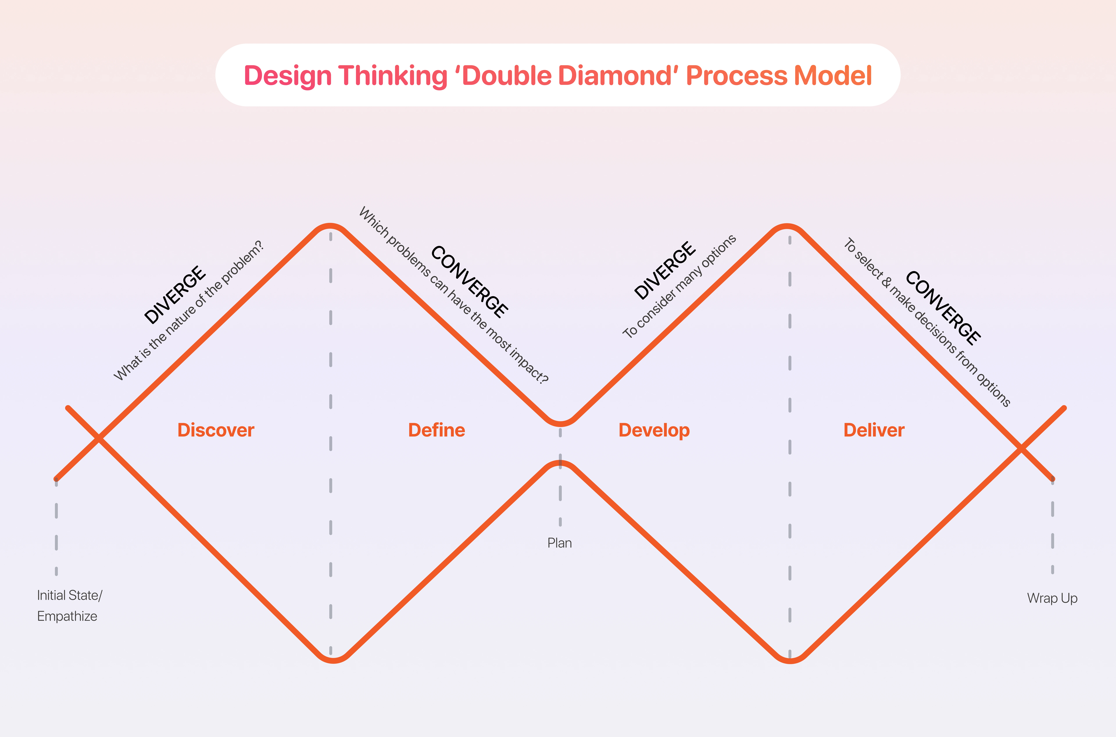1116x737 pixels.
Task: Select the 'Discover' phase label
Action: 216,430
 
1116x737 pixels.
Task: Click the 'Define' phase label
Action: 437,430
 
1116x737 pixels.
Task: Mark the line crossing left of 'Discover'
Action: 99,438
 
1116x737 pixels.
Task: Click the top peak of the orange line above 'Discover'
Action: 330,226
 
